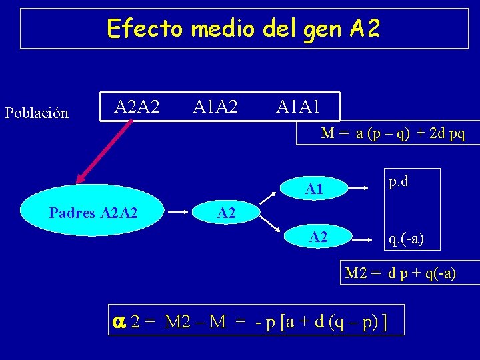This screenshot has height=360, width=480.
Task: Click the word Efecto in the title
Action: click(144, 28)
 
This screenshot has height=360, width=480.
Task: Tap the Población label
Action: click(37, 113)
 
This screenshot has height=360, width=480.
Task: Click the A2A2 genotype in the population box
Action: click(137, 106)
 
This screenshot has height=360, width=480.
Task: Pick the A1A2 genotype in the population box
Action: click(215, 106)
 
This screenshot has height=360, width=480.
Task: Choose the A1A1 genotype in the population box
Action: click(298, 106)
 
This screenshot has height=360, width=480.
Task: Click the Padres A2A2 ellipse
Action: click(93, 213)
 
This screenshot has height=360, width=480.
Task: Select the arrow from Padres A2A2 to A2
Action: click(178, 213)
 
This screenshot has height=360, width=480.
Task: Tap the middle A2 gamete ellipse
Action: click(226, 213)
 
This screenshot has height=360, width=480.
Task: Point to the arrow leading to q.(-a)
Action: click(363, 237)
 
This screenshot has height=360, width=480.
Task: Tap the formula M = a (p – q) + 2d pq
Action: click(393, 133)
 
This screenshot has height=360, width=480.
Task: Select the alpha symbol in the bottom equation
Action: click(119, 322)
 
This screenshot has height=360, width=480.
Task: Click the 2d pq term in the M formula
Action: click(447, 133)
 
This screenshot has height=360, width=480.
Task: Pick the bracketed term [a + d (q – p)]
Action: click(333, 323)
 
